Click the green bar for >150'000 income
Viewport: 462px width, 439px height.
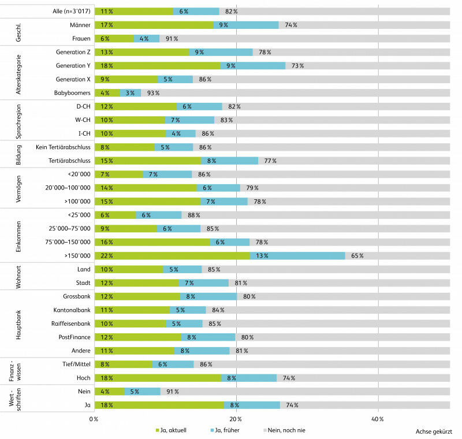pos(172,255)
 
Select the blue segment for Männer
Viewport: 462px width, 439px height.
pos(246,25)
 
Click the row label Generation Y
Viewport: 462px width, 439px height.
pos(70,65)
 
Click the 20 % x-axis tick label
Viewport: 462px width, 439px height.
pos(234,418)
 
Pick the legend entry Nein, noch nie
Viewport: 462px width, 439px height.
pos(286,431)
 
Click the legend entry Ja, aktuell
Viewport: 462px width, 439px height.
pos(171,431)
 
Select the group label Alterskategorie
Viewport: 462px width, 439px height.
pos(18,72)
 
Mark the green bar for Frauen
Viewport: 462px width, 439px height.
pos(114,38)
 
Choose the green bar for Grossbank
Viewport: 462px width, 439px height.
pos(137,296)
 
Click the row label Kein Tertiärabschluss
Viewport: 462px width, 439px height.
pos(61,147)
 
